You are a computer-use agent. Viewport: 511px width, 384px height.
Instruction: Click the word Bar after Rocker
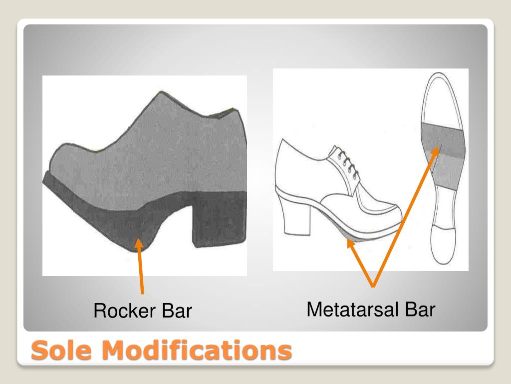pos(176,311)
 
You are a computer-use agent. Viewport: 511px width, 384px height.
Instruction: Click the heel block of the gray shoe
pos(220,220)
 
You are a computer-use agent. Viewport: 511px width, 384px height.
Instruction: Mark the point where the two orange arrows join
pos(373,286)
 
